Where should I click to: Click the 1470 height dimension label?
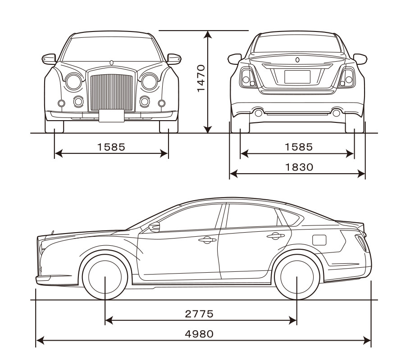[x=201, y=78]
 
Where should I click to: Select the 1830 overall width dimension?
[x=299, y=167]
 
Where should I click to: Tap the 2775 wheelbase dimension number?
[x=199, y=314]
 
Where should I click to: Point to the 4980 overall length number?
[x=199, y=334]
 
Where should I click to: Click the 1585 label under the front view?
[x=111, y=147]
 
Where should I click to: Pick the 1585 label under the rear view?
[x=299, y=147]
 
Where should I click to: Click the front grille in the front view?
[x=112, y=92]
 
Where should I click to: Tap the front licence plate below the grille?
[x=112, y=116]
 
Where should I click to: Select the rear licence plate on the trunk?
[x=297, y=77]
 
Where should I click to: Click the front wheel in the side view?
[x=105, y=277]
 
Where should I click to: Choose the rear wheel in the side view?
[x=297, y=277]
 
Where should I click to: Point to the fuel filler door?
[x=319, y=240]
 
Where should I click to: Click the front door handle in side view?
[x=207, y=240]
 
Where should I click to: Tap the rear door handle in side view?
[x=276, y=236]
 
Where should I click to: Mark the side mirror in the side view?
[x=155, y=227]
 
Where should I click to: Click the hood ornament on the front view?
[x=112, y=63]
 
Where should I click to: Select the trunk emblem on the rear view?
[x=297, y=60]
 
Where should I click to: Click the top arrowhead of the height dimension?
[x=208, y=34]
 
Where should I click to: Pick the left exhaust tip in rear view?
[x=258, y=113]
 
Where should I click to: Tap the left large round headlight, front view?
[x=73, y=82]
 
